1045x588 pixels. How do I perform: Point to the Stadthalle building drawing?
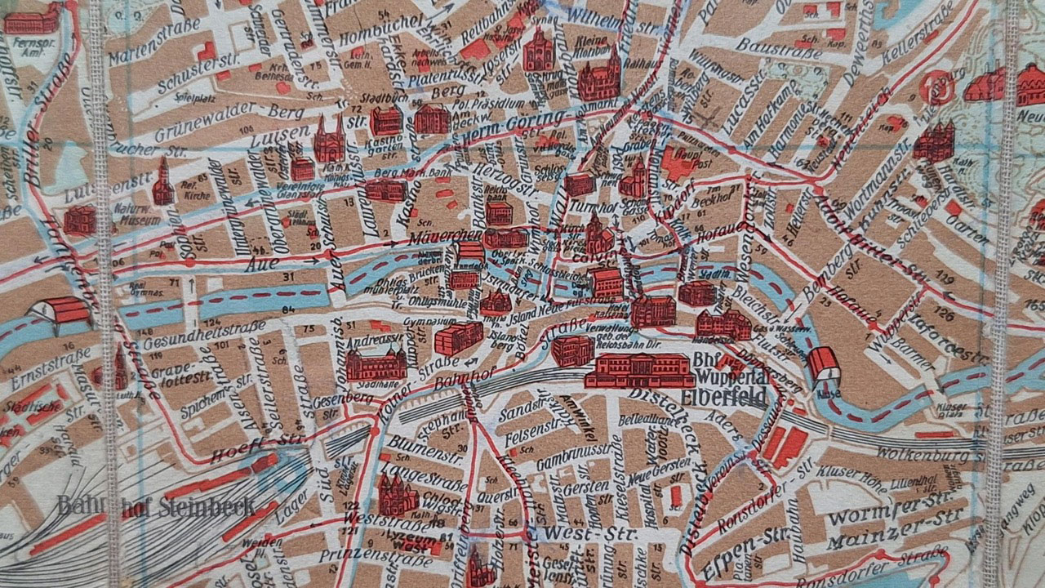click(x=376, y=363)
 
